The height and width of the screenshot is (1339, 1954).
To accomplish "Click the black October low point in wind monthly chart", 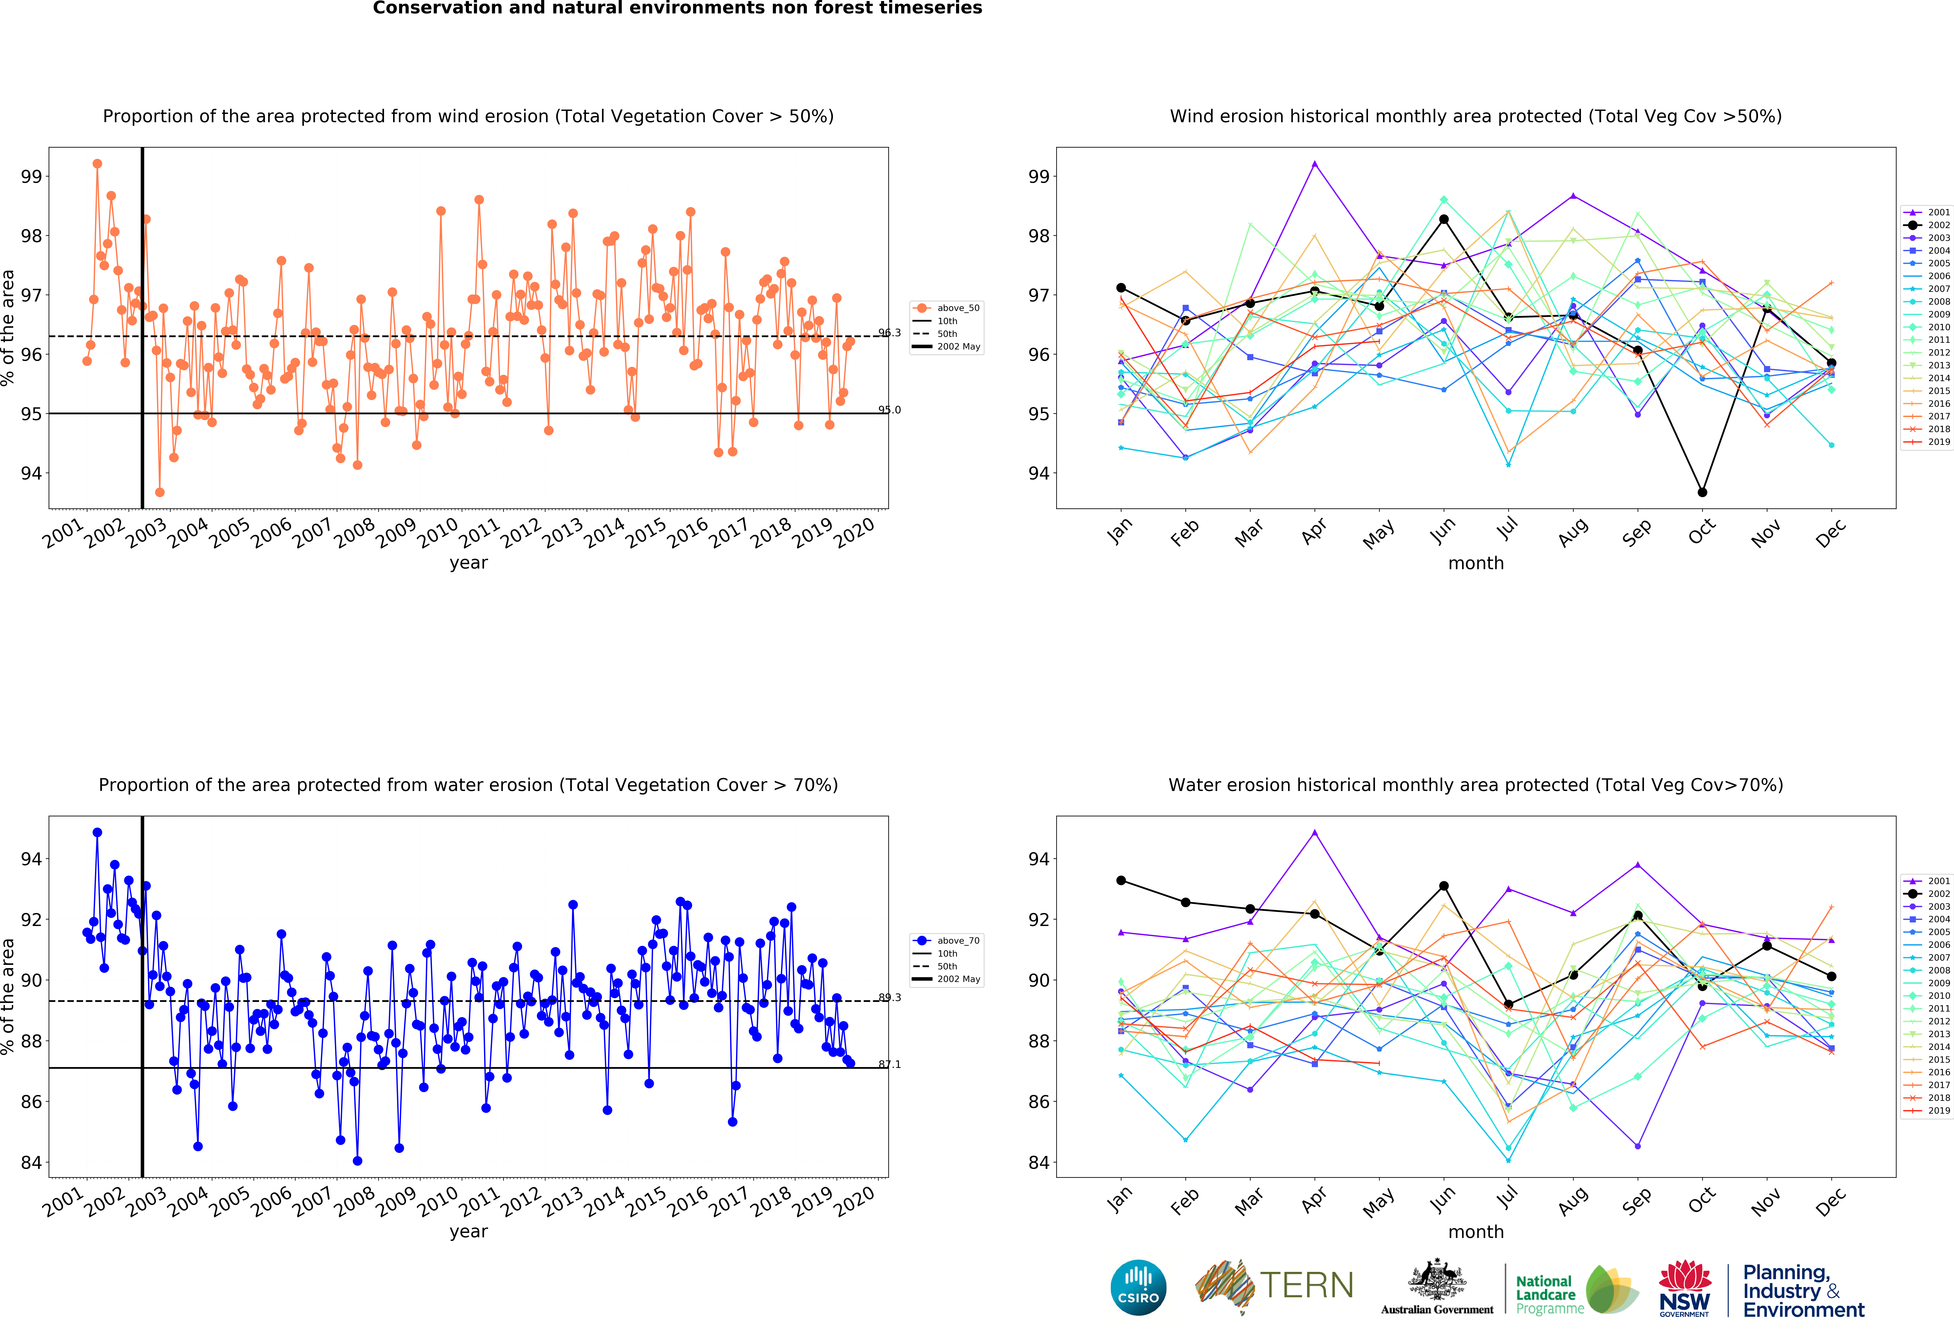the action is (1702, 492).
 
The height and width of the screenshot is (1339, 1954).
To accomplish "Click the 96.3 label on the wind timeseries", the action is (890, 333).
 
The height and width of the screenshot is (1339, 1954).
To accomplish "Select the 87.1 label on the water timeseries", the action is (890, 1064).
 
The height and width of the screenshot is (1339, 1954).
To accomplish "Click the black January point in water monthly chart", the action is (1121, 880).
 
